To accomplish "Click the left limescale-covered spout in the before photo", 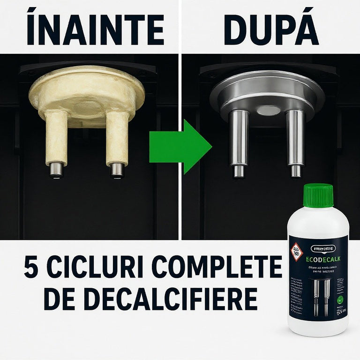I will pos(56,143).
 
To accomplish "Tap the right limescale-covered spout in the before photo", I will pos(117,143).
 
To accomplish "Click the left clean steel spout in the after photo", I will pos(238,143).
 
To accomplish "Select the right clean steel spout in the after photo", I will pos(295,143).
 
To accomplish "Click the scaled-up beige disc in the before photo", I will pos(87,94).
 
